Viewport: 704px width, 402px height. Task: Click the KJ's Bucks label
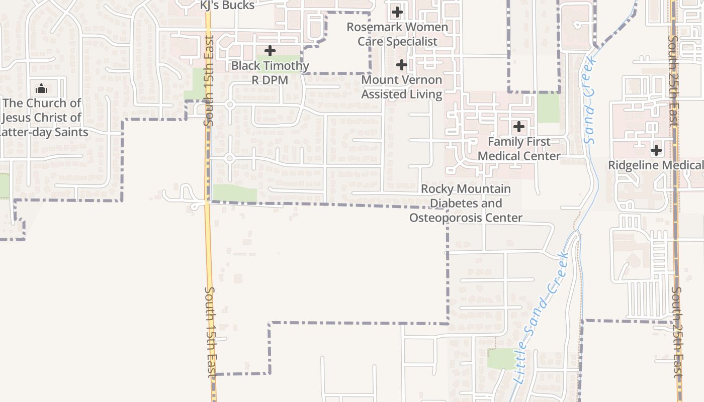pyautogui.click(x=227, y=5)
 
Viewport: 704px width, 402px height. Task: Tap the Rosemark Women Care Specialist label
pyautogui.click(x=397, y=34)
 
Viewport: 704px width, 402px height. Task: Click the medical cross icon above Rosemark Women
pyautogui.click(x=397, y=12)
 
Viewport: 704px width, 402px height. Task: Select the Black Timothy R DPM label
pyautogui.click(x=270, y=72)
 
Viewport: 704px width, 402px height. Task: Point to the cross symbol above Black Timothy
pyautogui.click(x=270, y=51)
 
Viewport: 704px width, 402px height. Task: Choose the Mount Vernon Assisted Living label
pyautogui.click(x=402, y=86)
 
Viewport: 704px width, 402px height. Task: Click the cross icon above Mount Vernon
pyautogui.click(x=401, y=65)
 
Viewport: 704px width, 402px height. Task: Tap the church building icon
pyautogui.click(x=41, y=89)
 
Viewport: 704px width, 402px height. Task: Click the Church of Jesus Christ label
pyautogui.click(x=42, y=118)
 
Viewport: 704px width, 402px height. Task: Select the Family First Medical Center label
pyautogui.click(x=519, y=149)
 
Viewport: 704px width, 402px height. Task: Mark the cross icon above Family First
pyautogui.click(x=519, y=127)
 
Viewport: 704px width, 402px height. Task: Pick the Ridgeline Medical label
pyautogui.click(x=655, y=165)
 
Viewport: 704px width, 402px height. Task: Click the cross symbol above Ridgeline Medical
pyautogui.click(x=656, y=150)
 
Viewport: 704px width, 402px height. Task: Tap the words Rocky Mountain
pyautogui.click(x=466, y=189)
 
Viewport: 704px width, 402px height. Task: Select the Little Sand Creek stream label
pyautogui.click(x=542, y=318)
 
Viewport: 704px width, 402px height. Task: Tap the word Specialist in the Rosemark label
pyautogui.click(x=411, y=41)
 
